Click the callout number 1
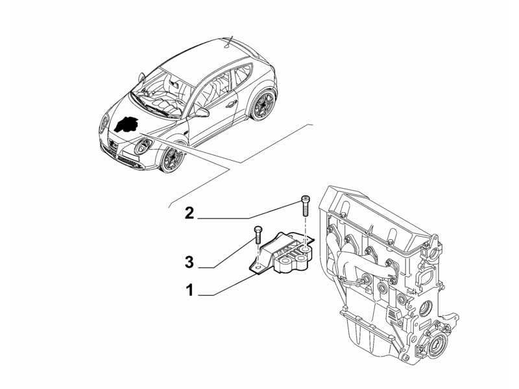tap(189, 290)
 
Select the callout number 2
tap(189, 213)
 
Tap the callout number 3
tap(189, 263)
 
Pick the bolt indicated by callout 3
tap(258, 235)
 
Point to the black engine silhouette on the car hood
tap(126, 124)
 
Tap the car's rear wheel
tap(263, 105)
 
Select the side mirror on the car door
tap(202, 112)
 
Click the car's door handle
tap(229, 105)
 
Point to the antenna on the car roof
tap(230, 41)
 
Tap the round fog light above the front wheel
tap(143, 147)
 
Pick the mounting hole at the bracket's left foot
tap(258, 266)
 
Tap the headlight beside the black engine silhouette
tap(104, 124)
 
